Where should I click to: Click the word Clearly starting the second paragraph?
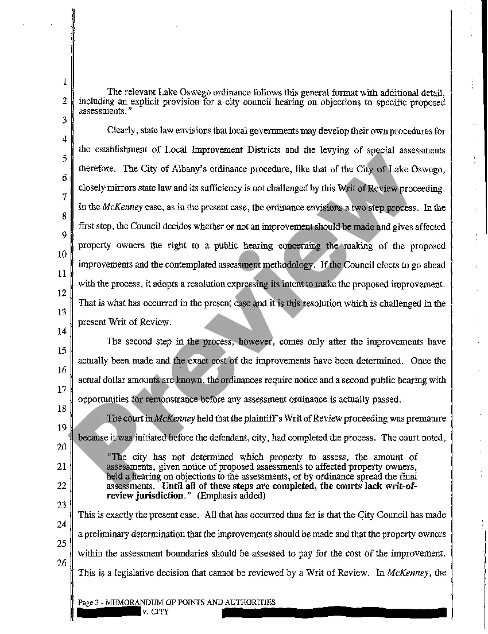coord(122,132)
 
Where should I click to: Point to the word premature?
coord(424,419)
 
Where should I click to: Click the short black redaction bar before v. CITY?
coord(109,612)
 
